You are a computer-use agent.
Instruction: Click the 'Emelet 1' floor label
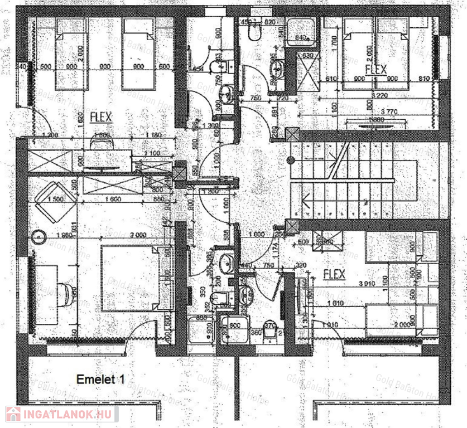(x=100, y=380)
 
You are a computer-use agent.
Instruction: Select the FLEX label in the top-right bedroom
(x=375, y=70)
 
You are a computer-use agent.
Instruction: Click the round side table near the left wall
(x=39, y=237)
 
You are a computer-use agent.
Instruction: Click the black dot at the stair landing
(x=290, y=160)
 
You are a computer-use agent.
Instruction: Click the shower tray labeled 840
(x=301, y=31)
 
